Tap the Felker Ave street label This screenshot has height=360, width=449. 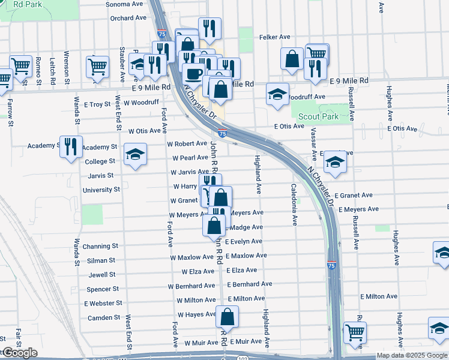pyautogui.click(x=275, y=37)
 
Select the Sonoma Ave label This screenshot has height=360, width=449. pyautogui.click(x=124, y=4)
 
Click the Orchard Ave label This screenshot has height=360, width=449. pyautogui.click(x=128, y=18)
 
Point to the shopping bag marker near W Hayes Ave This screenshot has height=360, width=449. pyautogui.click(x=228, y=317)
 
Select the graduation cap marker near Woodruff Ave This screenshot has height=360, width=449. pyautogui.click(x=277, y=94)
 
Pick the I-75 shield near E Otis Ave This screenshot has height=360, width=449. pyautogui.click(x=222, y=133)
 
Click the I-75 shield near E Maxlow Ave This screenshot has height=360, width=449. pyautogui.click(x=332, y=265)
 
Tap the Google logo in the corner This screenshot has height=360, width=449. pyautogui.click(x=19, y=353)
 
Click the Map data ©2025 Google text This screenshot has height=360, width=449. pyautogui.click(x=412, y=355)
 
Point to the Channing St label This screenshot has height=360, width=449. pyautogui.click(x=100, y=247)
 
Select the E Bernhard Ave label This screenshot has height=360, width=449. pyautogui.click(x=249, y=284)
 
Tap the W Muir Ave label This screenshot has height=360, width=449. pyautogui.click(x=200, y=343)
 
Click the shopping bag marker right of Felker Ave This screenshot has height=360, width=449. pyautogui.click(x=292, y=59)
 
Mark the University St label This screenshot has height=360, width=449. pyautogui.click(x=101, y=190)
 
